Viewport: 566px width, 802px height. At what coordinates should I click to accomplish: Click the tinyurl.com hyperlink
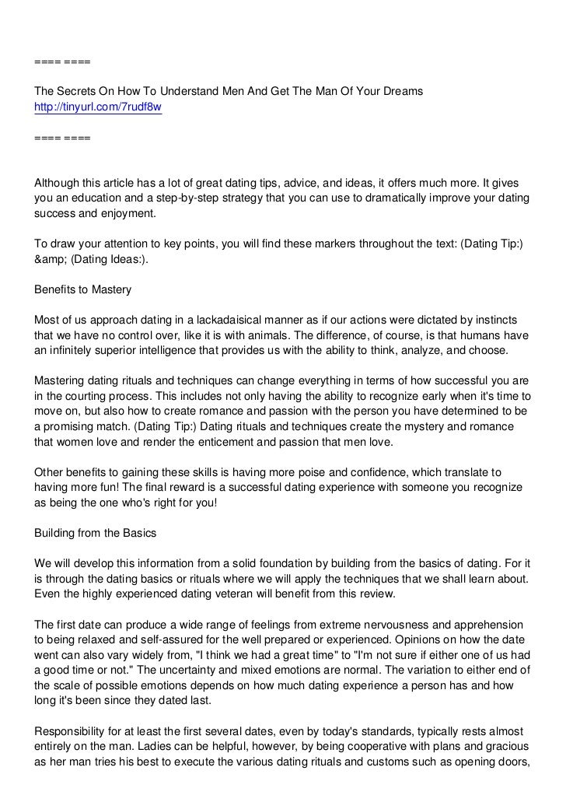98,107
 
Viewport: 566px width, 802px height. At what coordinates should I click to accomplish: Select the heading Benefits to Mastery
83,290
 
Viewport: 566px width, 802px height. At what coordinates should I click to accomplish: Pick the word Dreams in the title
402,92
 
